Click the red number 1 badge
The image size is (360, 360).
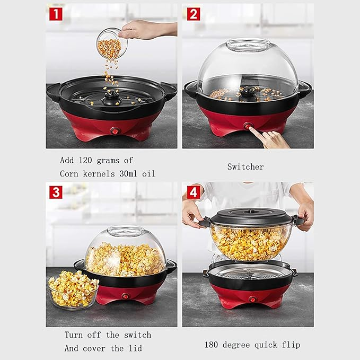(56, 14)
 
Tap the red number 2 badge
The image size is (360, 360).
(193, 14)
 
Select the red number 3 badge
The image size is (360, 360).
(56, 192)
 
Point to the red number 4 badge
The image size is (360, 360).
(193, 192)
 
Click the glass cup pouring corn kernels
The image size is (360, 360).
(112, 44)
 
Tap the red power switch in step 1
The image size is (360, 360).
(115, 131)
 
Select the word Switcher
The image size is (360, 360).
(245, 167)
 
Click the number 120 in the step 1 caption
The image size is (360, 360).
(85, 160)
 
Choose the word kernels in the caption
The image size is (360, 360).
(98, 174)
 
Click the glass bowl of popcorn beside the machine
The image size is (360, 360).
(73, 290)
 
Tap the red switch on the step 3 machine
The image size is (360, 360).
(125, 296)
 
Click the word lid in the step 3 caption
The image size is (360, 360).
(135, 348)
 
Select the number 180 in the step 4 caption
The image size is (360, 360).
(211, 345)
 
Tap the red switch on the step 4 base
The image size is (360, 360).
(253, 300)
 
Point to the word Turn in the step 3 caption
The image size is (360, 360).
(73, 335)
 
